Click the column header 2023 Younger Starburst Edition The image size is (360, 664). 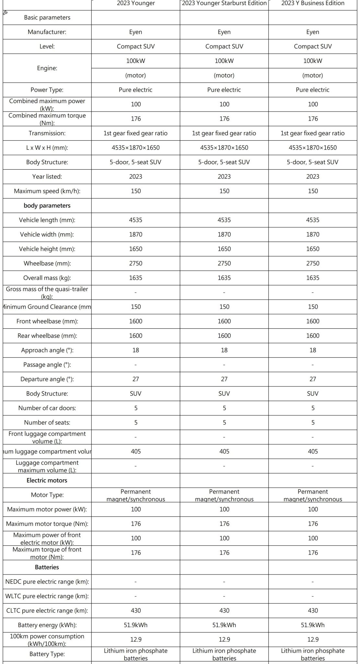[x=224, y=3]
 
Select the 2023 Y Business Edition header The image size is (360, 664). [x=313, y=3]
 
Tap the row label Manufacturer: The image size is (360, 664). [x=47, y=32]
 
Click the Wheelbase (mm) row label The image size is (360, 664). [x=47, y=263]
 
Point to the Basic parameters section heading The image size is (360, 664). [x=47, y=18]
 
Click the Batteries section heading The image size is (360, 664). [x=47, y=567]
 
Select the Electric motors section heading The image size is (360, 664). [x=47, y=480]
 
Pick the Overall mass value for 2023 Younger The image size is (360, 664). [x=136, y=278]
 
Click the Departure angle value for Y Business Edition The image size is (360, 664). [x=313, y=379]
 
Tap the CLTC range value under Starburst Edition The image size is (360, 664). [x=224, y=611]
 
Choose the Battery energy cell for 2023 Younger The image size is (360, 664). [x=136, y=625]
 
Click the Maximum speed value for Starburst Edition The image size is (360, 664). [x=224, y=191]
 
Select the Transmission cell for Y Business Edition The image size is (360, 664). [x=313, y=133]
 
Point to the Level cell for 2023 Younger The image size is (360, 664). [x=136, y=46]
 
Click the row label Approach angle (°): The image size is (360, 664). [x=47, y=350]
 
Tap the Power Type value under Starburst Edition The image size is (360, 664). [x=224, y=90]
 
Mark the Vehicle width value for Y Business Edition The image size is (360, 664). [x=313, y=234]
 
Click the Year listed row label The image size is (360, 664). [x=47, y=176]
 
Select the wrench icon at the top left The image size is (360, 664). [x=5, y=13]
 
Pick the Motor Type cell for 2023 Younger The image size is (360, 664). [x=136, y=495]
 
